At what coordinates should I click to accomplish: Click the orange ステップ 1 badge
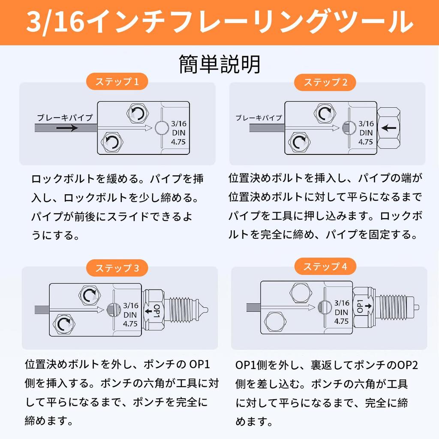point(117,81)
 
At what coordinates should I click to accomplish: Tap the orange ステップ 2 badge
point(325,82)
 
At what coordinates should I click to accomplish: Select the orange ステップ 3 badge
point(117,268)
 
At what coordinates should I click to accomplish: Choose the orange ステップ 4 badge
point(325,266)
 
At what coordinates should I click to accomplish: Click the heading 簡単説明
point(219,64)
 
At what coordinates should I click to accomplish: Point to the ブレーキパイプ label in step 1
point(65,117)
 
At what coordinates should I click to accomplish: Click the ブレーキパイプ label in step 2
point(259,118)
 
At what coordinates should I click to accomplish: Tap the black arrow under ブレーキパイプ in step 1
point(67,128)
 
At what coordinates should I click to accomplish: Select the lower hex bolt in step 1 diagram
point(112,142)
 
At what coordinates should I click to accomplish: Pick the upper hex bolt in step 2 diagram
point(325,114)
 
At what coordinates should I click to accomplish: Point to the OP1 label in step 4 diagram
point(360,306)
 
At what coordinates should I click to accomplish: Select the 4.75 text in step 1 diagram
point(178,142)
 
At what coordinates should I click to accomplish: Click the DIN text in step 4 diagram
point(341,312)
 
